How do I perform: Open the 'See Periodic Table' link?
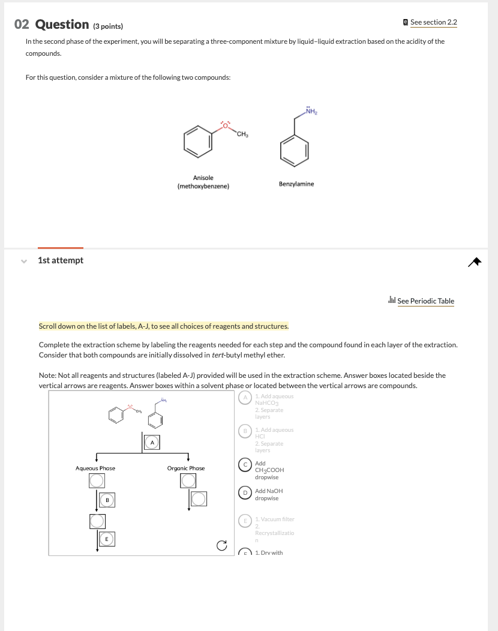point(425,301)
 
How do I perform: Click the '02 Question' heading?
point(51,25)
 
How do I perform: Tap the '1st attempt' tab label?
point(61,260)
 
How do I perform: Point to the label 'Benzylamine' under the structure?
point(296,184)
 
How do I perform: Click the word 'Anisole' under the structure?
point(203,178)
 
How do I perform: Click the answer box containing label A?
point(152,442)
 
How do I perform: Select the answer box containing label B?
point(107,499)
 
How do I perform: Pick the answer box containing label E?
point(107,539)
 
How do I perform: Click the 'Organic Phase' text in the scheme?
point(185,468)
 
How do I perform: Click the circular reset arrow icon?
point(222,545)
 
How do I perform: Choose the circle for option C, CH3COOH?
point(245,464)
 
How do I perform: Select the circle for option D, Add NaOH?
point(245,491)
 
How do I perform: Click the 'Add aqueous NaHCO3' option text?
point(274,400)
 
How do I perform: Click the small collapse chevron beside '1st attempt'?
point(23,261)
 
